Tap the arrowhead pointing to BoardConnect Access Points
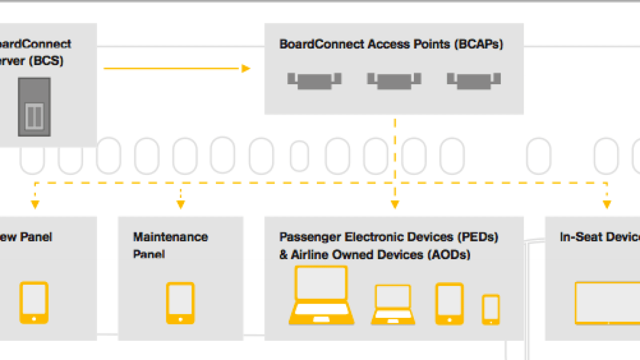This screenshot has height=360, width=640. [x=245, y=68]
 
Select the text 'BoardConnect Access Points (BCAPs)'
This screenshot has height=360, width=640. [x=391, y=44]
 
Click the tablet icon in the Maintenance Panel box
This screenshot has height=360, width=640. [x=180, y=302]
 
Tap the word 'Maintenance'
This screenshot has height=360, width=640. [x=170, y=236]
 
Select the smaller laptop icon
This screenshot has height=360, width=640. [x=393, y=305]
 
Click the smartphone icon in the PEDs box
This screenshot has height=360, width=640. [x=491, y=309]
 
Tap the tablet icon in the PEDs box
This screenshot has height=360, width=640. [x=449, y=303]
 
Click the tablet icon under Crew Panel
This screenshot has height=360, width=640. [x=34, y=302]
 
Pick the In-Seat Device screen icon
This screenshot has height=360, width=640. [x=607, y=302]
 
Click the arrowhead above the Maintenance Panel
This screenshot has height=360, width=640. [x=181, y=204]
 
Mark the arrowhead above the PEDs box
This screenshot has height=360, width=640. [x=395, y=204]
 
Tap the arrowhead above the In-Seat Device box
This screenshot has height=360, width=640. [x=606, y=204]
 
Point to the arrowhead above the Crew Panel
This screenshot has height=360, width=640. [x=35, y=204]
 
